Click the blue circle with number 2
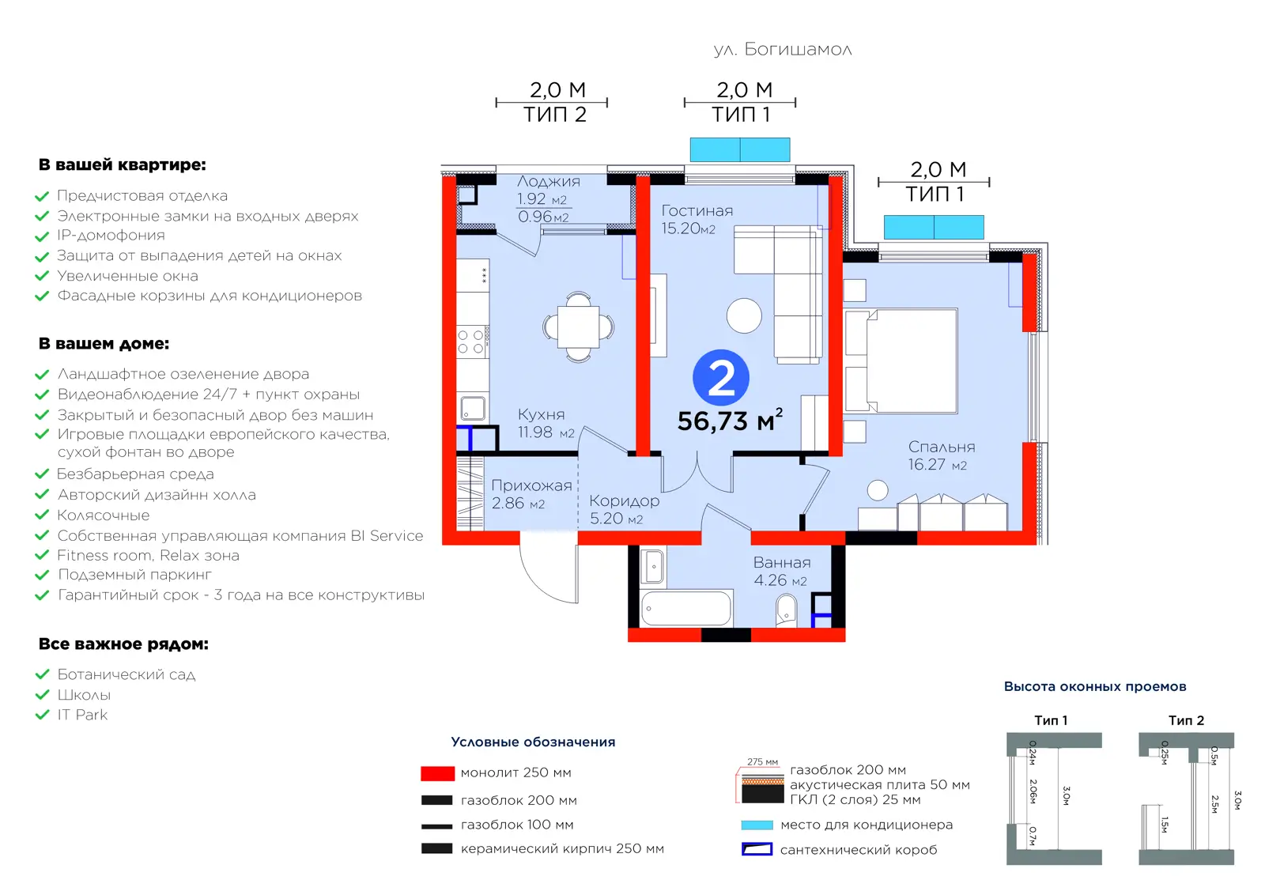tap(720, 378)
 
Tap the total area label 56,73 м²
tap(730, 421)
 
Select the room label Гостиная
tap(697, 210)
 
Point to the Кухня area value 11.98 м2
tap(546, 432)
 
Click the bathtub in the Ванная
tap(686, 608)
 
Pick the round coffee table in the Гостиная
tap(744, 315)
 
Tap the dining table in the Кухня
tap(578, 327)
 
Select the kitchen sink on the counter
tap(473, 408)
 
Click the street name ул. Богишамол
tap(783, 50)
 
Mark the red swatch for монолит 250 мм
tap(437, 773)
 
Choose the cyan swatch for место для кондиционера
tap(757, 825)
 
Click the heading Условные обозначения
tap(533, 742)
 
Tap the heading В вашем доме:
tap(104, 344)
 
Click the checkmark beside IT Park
tap(43, 715)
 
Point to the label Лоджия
tap(549, 181)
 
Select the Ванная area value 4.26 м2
tap(780, 580)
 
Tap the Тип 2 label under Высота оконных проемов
tap(1186, 720)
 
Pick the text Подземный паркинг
tap(134, 575)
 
